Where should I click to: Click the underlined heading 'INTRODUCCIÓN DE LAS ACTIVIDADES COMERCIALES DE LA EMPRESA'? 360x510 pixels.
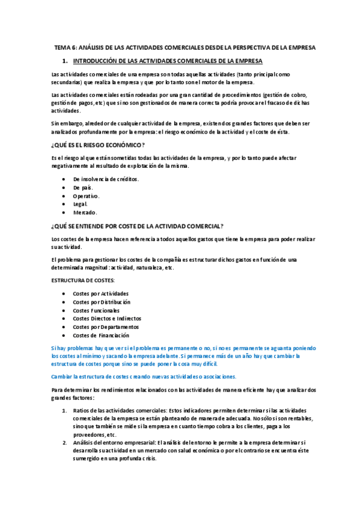(x=168, y=61)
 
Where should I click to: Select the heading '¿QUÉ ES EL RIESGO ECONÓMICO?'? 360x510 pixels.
(x=98, y=145)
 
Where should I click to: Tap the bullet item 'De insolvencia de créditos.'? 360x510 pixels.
(x=106, y=179)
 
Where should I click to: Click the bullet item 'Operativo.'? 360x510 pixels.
(x=87, y=196)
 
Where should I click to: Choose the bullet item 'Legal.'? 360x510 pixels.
(x=81, y=204)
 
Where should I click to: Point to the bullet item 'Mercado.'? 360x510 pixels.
(x=85, y=213)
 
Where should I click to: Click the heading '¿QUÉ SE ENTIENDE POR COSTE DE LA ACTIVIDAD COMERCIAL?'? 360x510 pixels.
(x=138, y=226)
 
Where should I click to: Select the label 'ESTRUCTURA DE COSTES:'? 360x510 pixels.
(x=84, y=280)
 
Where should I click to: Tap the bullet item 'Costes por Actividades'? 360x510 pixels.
(x=100, y=293)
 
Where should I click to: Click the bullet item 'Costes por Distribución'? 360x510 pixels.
(x=102, y=302)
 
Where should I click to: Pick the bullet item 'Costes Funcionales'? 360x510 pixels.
(x=96, y=310)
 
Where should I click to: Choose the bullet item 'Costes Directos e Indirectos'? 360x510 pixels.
(x=107, y=319)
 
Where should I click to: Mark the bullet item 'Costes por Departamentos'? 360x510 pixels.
(x=105, y=327)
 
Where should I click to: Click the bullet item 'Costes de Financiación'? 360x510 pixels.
(x=101, y=336)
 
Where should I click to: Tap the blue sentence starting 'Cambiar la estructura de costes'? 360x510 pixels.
(x=144, y=376)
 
